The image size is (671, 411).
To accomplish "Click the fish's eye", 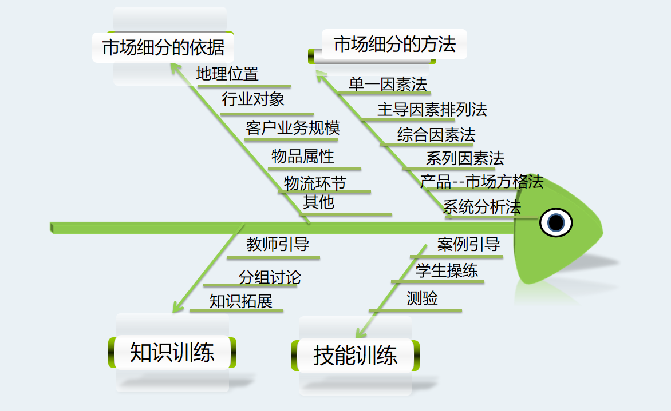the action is pyautogui.click(x=556, y=222).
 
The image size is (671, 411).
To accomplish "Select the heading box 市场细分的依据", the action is pyautogui.click(x=163, y=47).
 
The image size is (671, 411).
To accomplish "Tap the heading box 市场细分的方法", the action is pyautogui.click(x=394, y=45).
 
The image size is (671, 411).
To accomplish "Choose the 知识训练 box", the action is pyautogui.click(x=172, y=352).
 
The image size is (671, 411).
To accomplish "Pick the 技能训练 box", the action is pyautogui.click(x=355, y=356).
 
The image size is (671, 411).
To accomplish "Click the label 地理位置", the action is pyautogui.click(x=227, y=74).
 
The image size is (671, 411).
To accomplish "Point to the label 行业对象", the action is pyautogui.click(x=253, y=99).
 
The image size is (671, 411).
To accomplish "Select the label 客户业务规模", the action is pyautogui.click(x=293, y=127).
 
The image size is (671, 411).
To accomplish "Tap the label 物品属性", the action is pyautogui.click(x=303, y=155).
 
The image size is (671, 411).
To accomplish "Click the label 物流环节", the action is pyautogui.click(x=315, y=183).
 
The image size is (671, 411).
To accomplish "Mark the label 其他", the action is pyautogui.click(x=318, y=202).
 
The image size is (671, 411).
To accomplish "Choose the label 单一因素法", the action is pyautogui.click(x=388, y=85).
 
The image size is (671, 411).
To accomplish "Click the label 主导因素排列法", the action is pyautogui.click(x=432, y=109).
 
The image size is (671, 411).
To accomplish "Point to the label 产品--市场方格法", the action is pyautogui.click(x=481, y=182).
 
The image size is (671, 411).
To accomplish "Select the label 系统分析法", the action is pyautogui.click(x=481, y=207).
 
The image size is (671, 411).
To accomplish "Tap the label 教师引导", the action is pyautogui.click(x=278, y=245).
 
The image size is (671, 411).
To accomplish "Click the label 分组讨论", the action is pyautogui.click(x=269, y=278).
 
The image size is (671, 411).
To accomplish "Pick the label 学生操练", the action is pyautogui.click(x=447, y=270).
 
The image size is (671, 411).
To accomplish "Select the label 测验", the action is pyautogui.click(x=422, y=298).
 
